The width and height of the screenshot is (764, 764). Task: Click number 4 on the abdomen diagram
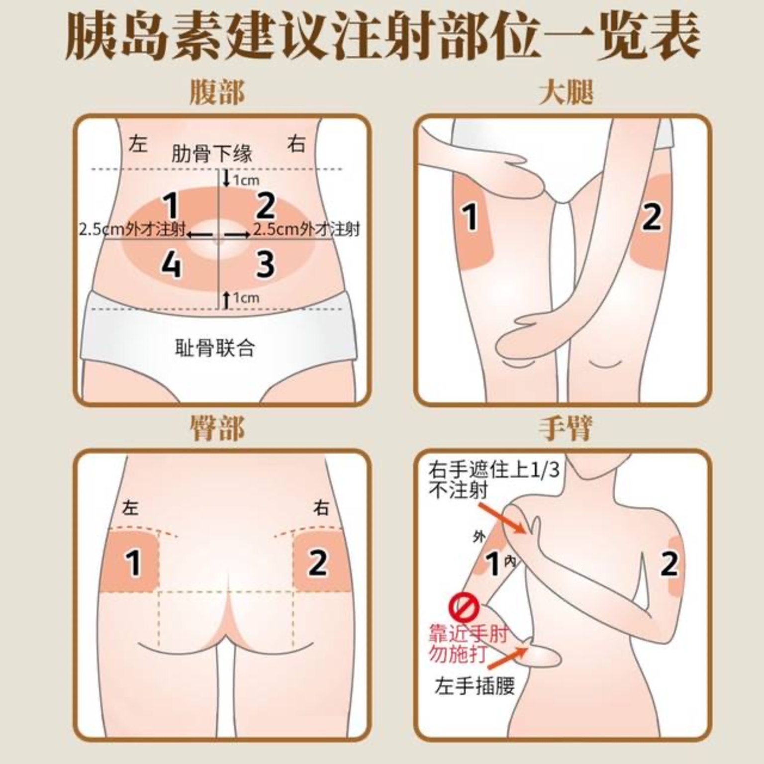pos(171,264)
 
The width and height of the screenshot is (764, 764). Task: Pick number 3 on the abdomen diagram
pos(265,264)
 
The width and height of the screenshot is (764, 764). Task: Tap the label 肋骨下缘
pos(212,154)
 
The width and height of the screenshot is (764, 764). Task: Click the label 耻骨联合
pos(215,348)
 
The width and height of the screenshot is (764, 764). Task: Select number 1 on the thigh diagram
pos(470,217)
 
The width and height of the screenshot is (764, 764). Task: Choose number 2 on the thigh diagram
pos(652,217)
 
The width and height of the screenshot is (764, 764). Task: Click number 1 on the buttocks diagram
pos(133,563)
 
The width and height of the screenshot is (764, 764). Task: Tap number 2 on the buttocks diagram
pos(318,563)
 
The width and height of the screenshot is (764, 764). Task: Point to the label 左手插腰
pos(475,687)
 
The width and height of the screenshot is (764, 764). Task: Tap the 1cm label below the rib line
pos(246,180)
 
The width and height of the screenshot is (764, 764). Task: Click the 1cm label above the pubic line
pos(246,298)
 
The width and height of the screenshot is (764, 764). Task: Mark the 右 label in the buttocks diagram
pos(321,508)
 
